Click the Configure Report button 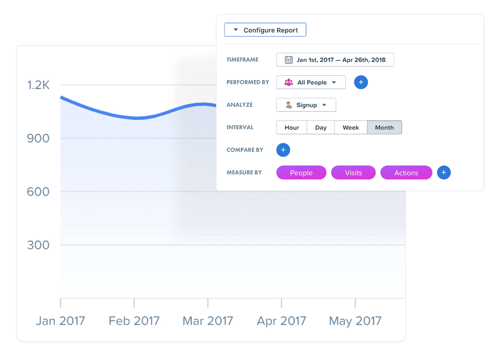tap(265, 30)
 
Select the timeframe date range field tap(335, 60)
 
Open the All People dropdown tap(311, 82)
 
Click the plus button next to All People tap(361, 82)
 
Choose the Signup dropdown tap(306, 105)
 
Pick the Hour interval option tap(292, 127)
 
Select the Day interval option tap(321, 127)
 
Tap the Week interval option tap(351, 127)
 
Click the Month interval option tap(384, 127)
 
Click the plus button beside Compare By tap(283, 150)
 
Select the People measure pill tap(301, 172)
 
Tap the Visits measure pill tap(353, 172)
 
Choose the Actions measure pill tap(406, 172)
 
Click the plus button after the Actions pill tap(444, 172)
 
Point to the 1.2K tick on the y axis tap(38, 85)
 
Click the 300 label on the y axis tap(38, 245)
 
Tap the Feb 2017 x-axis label tap(134, 321)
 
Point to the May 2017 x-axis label tap(355, 321)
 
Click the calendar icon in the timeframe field tap(288, 60)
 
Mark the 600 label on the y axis tap(38, 192)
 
